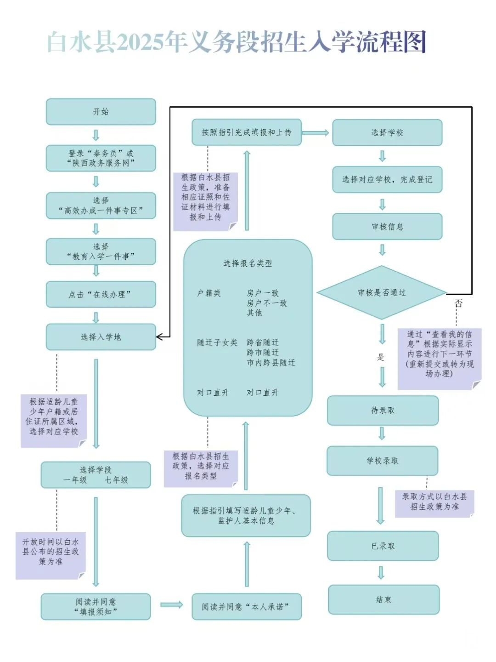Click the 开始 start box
[x=101, y=112]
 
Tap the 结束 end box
[x=383, y=599]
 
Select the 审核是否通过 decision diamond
[x=382, y=293]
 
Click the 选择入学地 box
[x=101, y=337]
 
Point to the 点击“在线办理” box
[x=101, y=295]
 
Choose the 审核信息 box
[x=387, y=227]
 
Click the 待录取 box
[x=383, y=411]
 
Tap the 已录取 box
[x=383, y=546]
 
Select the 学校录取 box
[x=382, y=461]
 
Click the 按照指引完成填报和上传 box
[x=247, y=132]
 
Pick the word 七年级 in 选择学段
[x=116, y=480]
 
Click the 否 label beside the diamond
[x=458, y=303]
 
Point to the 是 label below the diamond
[x=381, y=357]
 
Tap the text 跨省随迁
[x=263, y=342]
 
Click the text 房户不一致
[x=267, y=303]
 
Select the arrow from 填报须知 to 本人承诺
[x=171, y=605]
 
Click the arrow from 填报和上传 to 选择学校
[x=316, y=133]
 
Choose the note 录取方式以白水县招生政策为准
[x=434, y=502]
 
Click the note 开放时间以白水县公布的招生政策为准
[x=51, y=552]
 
